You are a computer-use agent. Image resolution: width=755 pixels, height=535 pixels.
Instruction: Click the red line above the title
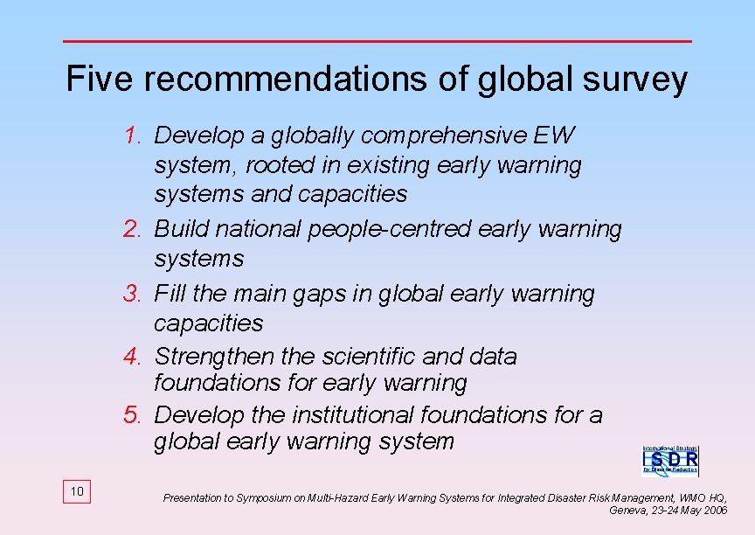(377, 41)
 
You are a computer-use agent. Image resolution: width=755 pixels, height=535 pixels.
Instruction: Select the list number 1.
(133, 135)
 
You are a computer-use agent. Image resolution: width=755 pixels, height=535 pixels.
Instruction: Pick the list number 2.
(133, 229)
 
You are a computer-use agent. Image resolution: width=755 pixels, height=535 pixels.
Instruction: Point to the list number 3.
(133, 294)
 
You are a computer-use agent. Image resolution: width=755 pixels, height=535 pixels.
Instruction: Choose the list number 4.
(133, 357)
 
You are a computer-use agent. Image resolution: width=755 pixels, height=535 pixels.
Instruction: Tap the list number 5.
(133, 414)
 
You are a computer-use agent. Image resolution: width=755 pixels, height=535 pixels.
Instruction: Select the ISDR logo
(670, 459)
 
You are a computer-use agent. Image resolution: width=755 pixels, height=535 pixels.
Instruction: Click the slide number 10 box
(77, 492)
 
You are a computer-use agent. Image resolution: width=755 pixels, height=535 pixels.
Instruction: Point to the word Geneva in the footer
(627, 510)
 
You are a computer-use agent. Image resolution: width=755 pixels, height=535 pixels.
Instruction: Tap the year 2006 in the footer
(715, 510)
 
